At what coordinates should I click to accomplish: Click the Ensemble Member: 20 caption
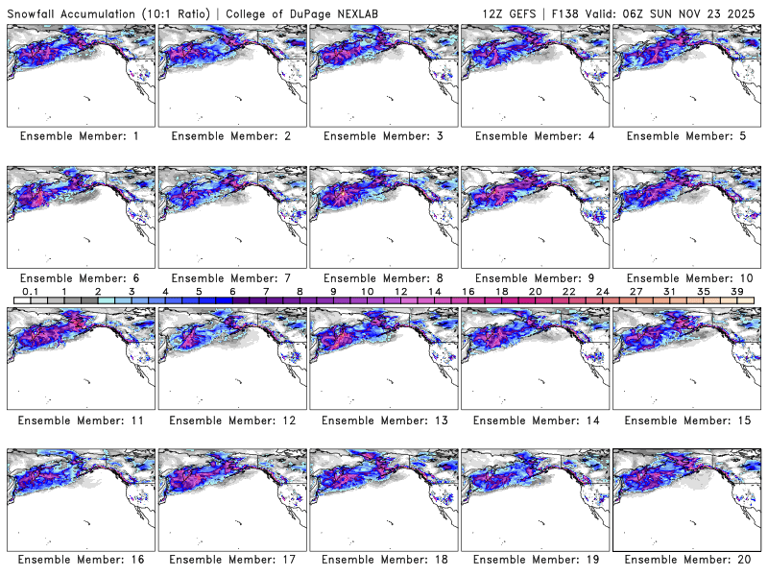(685, 559)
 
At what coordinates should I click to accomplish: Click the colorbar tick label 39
(737, 291)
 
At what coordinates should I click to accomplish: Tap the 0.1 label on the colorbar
(30, 291)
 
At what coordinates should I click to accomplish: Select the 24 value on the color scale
(602, 291)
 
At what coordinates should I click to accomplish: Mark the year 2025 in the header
(746, 10)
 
